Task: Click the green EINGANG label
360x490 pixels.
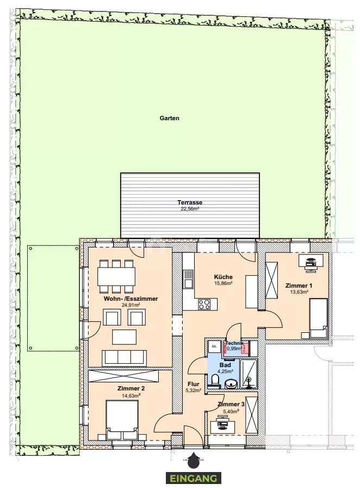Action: (194, 478)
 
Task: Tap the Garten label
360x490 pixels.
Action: (169, 118)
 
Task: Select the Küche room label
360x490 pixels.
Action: (223, 277)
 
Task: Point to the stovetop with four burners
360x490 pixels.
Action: (204, 304)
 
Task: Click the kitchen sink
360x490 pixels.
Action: (188, 279)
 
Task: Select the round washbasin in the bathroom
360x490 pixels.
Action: (232, 383)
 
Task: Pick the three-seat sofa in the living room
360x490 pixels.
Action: (125, 357)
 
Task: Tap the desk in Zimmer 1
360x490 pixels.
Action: (311, 260)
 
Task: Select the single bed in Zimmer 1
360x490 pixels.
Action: (319, 318)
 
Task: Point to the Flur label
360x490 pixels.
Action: (193, 384)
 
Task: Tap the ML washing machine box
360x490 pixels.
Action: (214, 346)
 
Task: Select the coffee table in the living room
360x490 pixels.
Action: (125, 337)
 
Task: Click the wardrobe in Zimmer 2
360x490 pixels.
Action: (123, 376)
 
